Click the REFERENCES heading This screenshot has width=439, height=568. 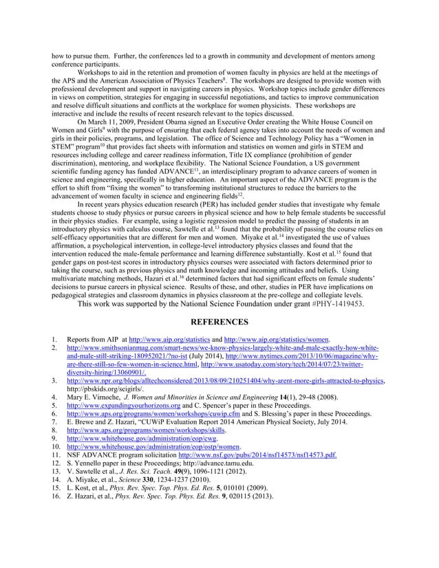[x=219, y=320]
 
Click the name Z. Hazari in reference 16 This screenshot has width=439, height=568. [x=83, y=495]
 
